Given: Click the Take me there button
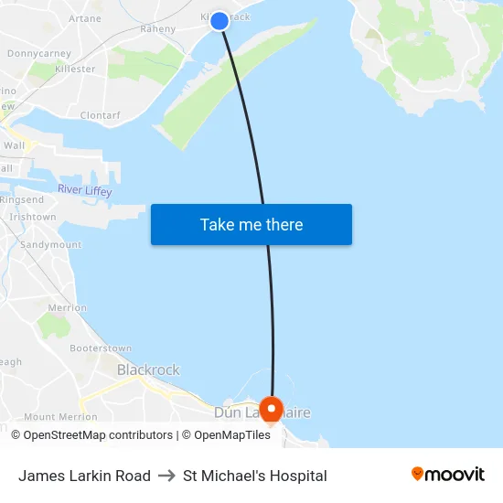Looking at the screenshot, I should (x=251, y=225).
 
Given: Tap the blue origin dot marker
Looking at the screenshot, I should (x=219, y=20).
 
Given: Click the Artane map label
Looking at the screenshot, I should (x=85, y=18).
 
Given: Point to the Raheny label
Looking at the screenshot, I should (x=157, y=29).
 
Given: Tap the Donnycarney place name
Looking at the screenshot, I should (x=39, y=54).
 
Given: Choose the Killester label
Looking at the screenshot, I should (x=75, y=70).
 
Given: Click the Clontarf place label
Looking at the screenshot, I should (x=100, y=116).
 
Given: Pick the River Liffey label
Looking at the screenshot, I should (x=84, y=189).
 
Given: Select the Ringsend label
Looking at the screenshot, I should (x=22, y=199).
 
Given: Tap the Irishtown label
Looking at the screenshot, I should (x=32, y=218).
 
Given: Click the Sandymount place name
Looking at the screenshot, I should (x=50, y=245).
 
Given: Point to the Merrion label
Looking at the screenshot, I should (x=67, y=308).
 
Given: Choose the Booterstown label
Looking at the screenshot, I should (x=101, y=348).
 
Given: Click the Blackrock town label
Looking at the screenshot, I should (x=148, y=370).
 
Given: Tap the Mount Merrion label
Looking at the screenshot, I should (x=60, y=417).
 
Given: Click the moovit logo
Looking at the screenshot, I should (x=448, y=474).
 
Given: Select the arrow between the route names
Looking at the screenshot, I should (x=166, y=476).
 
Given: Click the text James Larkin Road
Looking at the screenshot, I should (x=84, y=476).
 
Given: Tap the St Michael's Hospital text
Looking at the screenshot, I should (x=255, y=476).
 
